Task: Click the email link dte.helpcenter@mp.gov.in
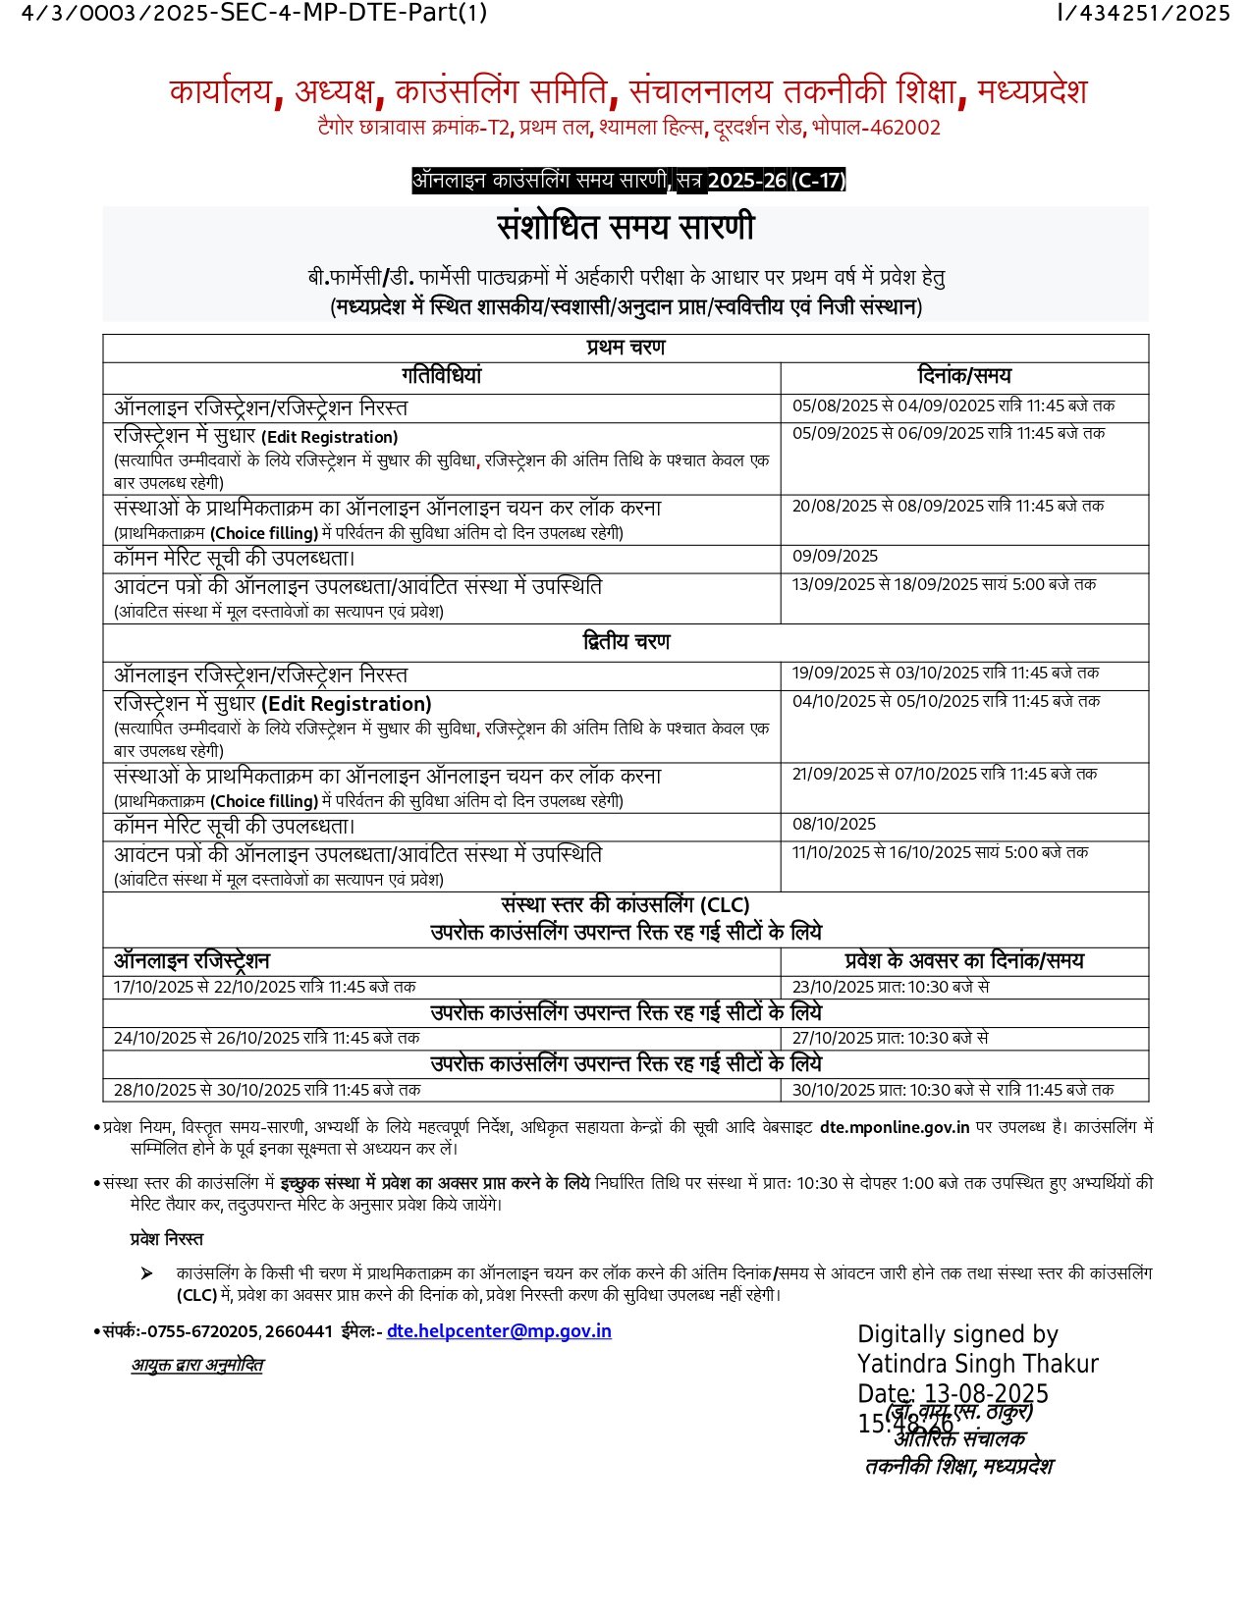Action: (499, 1331)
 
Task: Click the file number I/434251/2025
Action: (1143, 13)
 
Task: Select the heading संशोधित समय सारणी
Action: (626, 227)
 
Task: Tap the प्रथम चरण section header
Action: (626, 348)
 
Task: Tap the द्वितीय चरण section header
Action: (626, 642)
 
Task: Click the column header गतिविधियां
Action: (441, 376)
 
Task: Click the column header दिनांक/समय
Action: (963, 376)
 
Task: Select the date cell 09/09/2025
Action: (835, 557)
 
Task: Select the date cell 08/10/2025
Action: (834, 825)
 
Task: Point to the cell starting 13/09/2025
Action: (944, 585)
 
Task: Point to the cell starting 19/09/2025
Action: (946, 674)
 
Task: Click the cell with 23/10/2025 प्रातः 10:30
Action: (890, 988)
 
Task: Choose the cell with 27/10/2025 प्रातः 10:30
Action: (890, 1039)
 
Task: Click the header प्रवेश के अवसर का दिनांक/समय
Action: (963, 961)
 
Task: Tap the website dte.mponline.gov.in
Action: (895, 1128)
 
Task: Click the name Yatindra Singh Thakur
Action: (977, 1364)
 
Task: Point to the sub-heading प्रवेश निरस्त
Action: (166, 1239)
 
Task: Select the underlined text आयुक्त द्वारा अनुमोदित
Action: (197, 1366)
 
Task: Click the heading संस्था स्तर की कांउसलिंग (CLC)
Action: (626, 905)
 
